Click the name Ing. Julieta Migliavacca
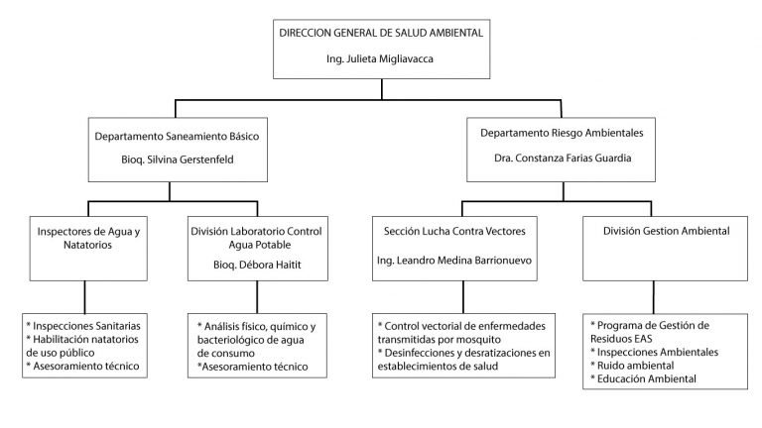pyautogui.click(x=380, y=59)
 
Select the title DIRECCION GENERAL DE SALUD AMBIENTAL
pyautogui.click(x=381, y=33)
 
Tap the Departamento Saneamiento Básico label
pyautogui.click(x=177, y=137)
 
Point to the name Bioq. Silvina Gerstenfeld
pyautogui.click(x=178, y=160)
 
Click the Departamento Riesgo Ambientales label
pyautogui.click(x=562, y=133)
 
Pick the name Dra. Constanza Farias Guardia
pyautogui.click(x=563, y=159)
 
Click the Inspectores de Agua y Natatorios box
pyautogui.click(x=88, y=249)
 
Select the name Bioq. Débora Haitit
pyautogui.click(x=257, y=265)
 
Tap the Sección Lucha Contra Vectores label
pyautogui.click(x=454, y=232)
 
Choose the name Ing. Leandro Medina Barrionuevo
pyautogui.click(x=453, y=261)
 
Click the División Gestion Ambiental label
pyautogui.click(x=667, y=231)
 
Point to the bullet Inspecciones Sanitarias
pyautogui.click(x=83, y=326)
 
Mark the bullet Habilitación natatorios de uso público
pyautogui.click(x=82, y=346)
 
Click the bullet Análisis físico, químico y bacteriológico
pyautogui.click(x=257, y=333)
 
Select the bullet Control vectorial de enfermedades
pyautogui.click(x=461, y=326)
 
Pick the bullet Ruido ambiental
pyautogui.click(x=632, y=366)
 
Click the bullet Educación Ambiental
pyautogui.click(x=643, y=379)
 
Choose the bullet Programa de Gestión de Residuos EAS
pyautogui.click(x=650, y=333)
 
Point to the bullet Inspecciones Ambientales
pyautogui.click(x=654, y=353)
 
